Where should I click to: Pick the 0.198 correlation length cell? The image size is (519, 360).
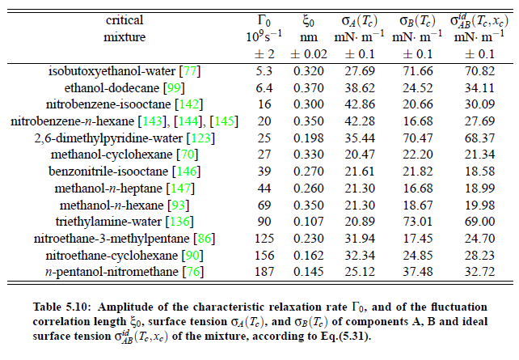point(305,138)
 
